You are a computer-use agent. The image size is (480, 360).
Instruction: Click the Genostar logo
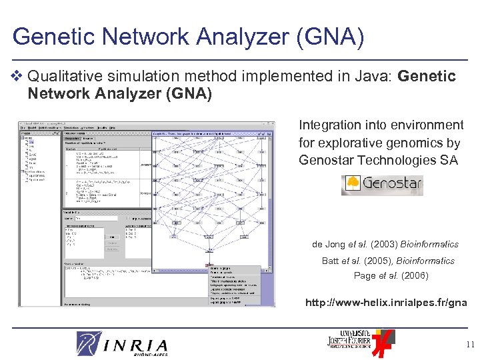point(382,184)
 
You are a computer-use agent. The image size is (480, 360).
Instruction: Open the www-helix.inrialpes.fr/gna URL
point(386,303)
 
